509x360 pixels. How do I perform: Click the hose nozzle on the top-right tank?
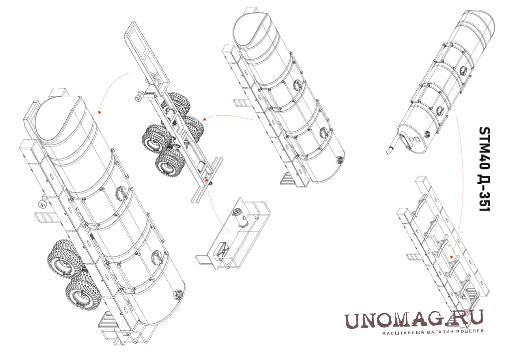coord(389,151)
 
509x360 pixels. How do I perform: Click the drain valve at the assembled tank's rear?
coord(177,294)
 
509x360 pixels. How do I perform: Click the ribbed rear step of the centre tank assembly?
coord(288,179)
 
